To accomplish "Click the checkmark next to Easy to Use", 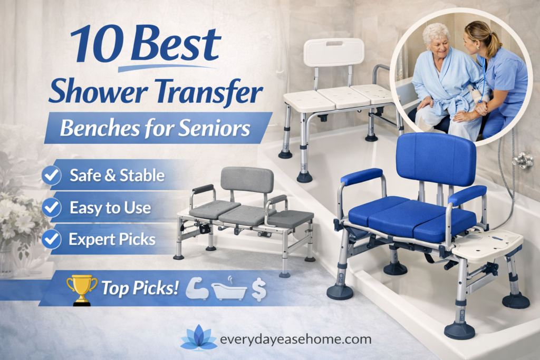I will point(52,207).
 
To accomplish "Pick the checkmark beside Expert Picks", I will point(52,239).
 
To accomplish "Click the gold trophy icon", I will point(82,288).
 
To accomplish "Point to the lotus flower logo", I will point(198,337).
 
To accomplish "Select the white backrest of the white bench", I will point(334,52).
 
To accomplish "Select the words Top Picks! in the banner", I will point(140,288).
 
